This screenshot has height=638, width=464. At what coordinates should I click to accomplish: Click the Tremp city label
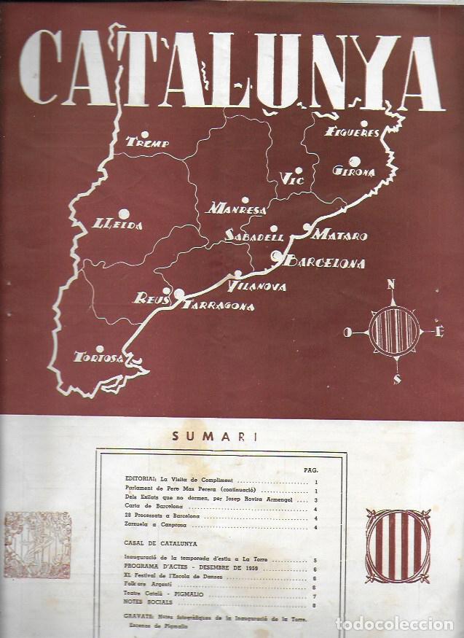148,144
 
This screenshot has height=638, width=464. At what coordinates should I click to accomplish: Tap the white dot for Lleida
123,214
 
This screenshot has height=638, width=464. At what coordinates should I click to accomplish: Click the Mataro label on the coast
340,237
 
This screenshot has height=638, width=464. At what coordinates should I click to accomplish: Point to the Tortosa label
98,357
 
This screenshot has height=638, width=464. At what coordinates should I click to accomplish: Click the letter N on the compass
393,284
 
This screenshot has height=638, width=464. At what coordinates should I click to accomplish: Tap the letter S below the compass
396,378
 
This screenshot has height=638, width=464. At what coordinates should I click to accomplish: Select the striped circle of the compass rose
394,332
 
